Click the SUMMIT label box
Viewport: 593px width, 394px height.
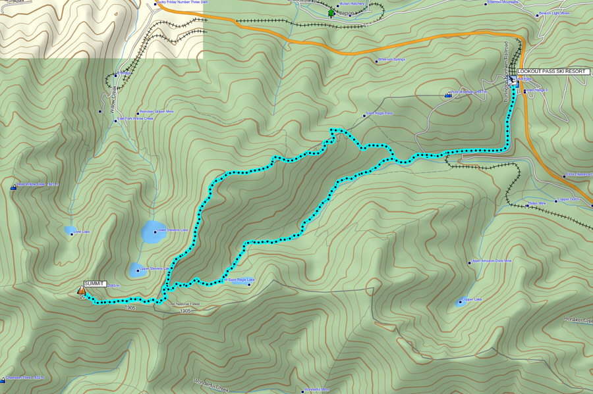95,283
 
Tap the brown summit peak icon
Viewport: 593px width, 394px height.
82,289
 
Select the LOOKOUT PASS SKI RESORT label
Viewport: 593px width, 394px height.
550,71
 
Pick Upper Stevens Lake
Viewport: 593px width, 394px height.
141,268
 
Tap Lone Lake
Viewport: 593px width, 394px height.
70,230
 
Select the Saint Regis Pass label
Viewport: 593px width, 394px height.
378,113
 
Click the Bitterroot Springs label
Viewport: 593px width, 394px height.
391,60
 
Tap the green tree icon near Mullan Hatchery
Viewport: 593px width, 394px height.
331,12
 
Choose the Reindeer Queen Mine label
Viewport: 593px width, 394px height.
157,112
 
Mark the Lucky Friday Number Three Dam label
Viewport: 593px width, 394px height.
182,3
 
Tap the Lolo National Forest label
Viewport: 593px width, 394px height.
184,305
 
